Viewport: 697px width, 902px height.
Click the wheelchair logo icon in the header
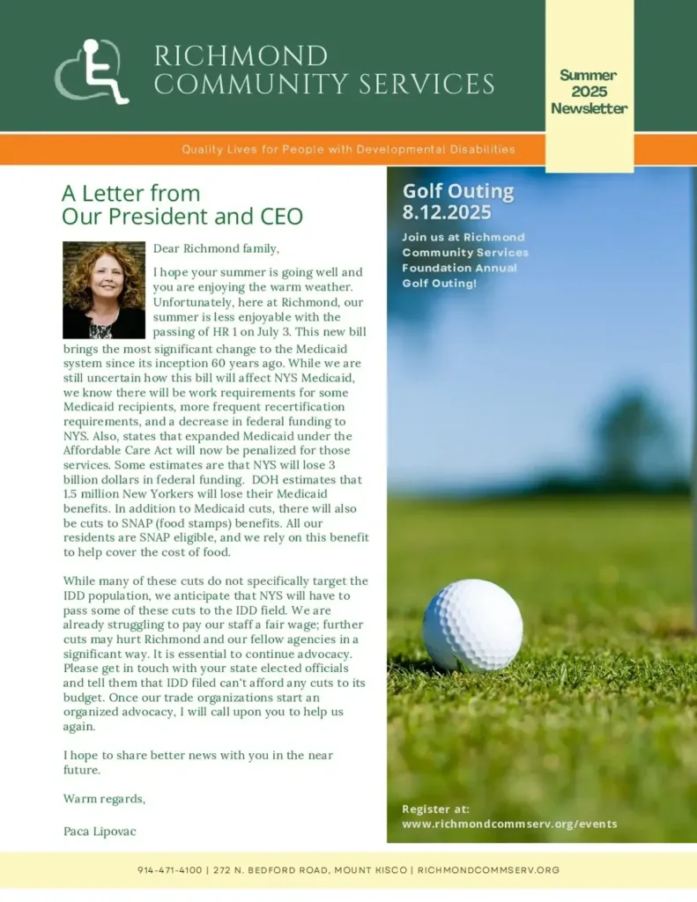93,71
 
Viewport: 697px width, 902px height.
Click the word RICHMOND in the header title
241,56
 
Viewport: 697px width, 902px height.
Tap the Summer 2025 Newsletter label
589,92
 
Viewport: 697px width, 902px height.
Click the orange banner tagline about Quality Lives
348,150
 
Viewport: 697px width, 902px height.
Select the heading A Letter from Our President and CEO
182,204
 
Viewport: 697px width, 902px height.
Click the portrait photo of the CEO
104,290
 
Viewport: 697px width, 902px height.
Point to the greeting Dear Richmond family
216,249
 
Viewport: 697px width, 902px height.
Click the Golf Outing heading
457,191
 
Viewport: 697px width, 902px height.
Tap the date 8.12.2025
446,212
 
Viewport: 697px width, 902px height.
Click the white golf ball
472,625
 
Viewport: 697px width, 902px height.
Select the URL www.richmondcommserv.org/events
509,824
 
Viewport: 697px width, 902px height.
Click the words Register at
435,809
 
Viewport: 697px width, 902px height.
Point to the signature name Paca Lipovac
100,831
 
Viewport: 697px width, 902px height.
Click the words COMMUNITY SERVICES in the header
323,85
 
